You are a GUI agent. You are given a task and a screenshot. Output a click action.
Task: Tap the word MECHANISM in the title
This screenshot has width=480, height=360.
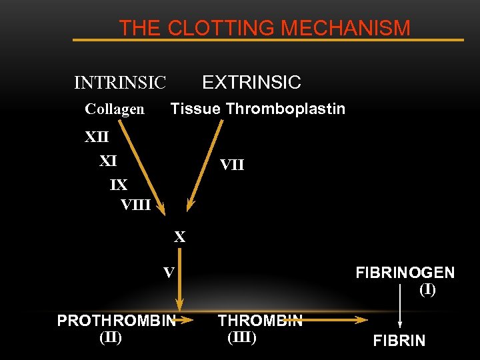click(x=345, y=28)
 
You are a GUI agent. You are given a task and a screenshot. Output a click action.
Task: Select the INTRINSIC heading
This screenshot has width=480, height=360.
click(x=120, y=83)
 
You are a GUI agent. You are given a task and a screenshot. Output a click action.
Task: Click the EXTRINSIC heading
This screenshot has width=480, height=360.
click(x=251, y=83)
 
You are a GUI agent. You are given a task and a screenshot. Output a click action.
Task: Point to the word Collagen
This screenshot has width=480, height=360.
click(x=115, y=109)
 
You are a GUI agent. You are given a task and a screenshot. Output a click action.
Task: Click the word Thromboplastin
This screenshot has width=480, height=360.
click(x=285, y=109)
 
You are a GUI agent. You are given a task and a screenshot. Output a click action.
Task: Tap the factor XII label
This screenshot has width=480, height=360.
click(x=97, y=137)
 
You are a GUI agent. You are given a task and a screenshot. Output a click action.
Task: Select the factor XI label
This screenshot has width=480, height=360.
click(x=108, y=161)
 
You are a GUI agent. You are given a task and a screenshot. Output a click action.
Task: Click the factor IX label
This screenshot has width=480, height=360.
click(x=119, y=183)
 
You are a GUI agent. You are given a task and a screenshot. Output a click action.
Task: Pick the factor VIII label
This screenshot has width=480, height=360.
click(x=135, y=205)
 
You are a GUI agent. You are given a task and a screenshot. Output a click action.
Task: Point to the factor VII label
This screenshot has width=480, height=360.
click(x=232, y=164)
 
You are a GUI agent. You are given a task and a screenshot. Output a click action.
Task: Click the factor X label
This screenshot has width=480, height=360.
click(x=180, y=237)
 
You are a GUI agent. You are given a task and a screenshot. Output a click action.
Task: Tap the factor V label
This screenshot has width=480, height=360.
click(x=169, y=272)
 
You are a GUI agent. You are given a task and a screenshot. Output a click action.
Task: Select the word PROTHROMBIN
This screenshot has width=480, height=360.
click(x=116, y=321)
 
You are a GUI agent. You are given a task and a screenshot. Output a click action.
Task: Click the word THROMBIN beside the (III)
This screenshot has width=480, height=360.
click(x=260, y=321)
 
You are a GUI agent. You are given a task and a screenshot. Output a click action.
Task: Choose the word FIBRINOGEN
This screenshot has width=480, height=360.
click(x=405, y=273)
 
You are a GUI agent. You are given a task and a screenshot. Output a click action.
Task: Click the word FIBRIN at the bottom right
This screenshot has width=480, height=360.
click(x=399, y=341)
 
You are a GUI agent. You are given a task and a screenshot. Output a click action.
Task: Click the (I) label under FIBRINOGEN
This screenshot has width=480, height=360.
click(x=427, y=290)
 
